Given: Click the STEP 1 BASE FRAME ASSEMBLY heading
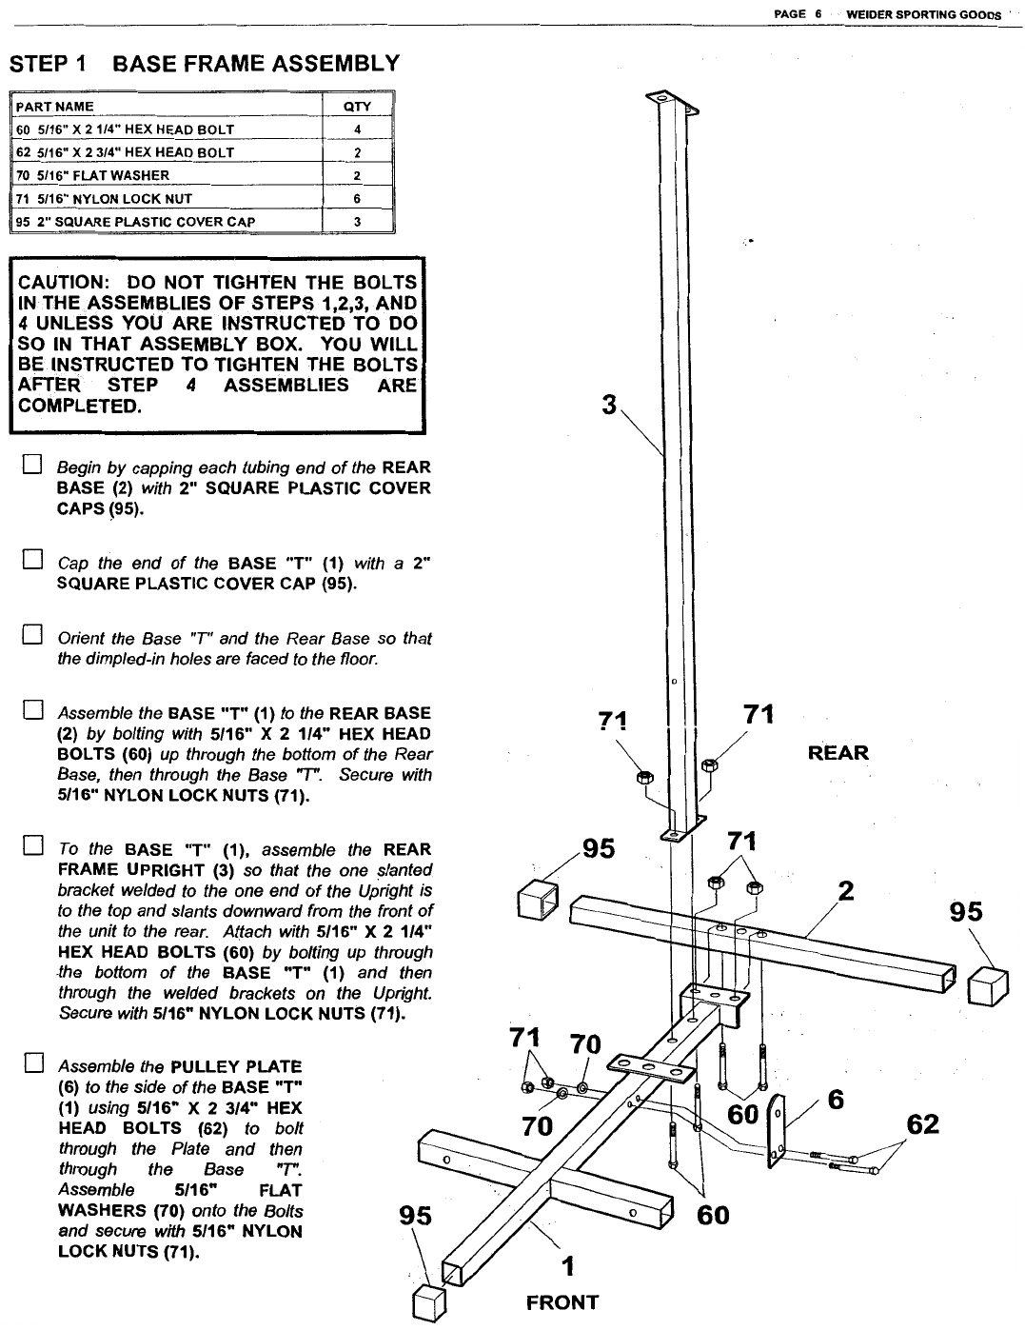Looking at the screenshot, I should pyautogui.click(x=204, y=64).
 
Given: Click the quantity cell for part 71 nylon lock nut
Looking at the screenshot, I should pyautogui.click(x=357, y=199).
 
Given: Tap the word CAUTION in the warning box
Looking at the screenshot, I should pyautogui.click(x=61, y=282).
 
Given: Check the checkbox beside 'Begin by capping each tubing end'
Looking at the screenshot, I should pyautogui.click(x=32, y=467).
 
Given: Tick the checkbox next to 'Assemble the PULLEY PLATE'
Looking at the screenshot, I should pyautogui.click(x=32, y=1064).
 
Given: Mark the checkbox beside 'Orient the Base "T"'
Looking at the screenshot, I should pyautogui.click(x=32, y=635).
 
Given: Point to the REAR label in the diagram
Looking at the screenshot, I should pyautogui.click(x=838, y=753).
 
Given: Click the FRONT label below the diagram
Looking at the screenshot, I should pyautogui.click(x=562, y=1302).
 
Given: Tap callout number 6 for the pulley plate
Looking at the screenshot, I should pyautogui.click(x=836, y=1100).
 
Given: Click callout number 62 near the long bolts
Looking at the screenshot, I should pyautogui.click(x=923, y=1124).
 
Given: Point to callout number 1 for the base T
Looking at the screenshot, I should pyautogui.click(x=568, y=1266).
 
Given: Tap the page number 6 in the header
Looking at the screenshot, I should pyautogui.click(x=818, y=14).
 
